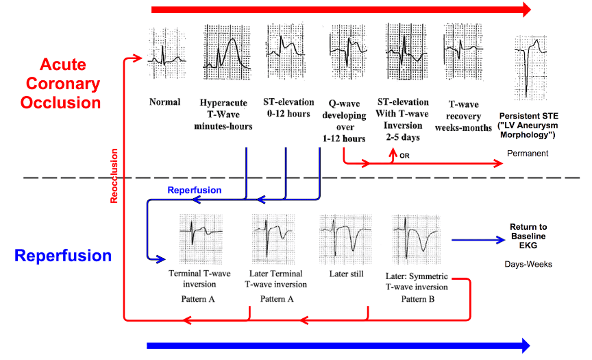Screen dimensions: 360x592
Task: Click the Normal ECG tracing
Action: coord(166,51)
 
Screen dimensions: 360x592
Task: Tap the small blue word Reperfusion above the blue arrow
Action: coord(193,189)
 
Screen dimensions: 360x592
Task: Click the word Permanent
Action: coord(528,154)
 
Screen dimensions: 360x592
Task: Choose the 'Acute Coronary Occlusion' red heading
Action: coord(60,84)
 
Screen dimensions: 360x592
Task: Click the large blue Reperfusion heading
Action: coord(62,256)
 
